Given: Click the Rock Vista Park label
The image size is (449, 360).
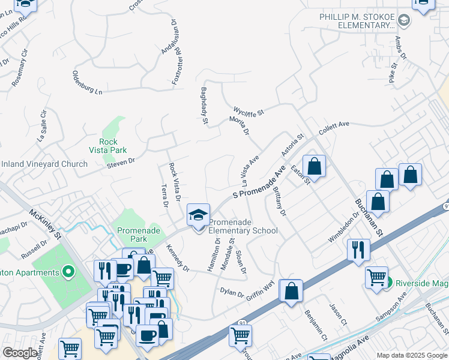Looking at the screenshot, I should [108, 146].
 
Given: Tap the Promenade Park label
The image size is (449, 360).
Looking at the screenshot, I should [131, 235].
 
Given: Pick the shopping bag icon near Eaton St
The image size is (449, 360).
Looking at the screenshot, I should [314, 165].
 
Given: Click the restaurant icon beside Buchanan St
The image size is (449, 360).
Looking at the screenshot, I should [358, 249].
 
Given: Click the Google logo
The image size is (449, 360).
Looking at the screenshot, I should [20, 353].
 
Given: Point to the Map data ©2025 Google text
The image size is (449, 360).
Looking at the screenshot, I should [411, 355].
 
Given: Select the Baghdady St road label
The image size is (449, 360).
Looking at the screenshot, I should [204, 107].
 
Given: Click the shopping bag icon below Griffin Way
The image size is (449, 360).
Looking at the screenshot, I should [291, 291].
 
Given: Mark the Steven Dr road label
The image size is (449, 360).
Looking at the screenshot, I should [121, 161].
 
